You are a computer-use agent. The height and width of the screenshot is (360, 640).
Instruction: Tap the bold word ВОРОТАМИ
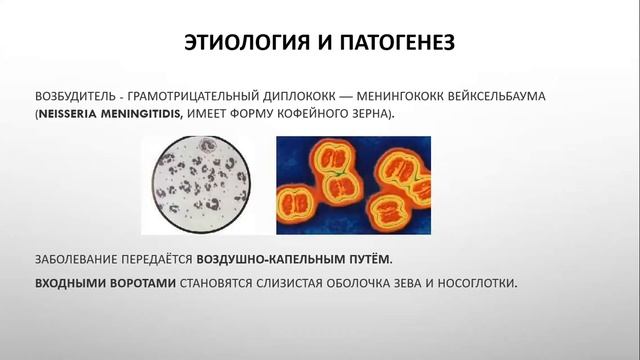click(140, 283)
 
